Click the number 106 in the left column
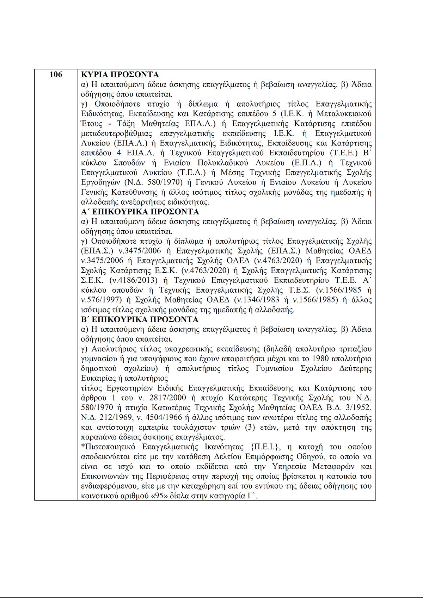[x=56, y=75]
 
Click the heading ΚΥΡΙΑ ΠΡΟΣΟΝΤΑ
[x=120, y=75]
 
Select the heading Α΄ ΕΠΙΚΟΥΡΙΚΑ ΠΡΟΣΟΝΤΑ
[x=140, y=212]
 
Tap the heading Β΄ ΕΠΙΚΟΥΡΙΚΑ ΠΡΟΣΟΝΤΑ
[x=140, y=320]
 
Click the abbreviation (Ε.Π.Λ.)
[x=307, y=163]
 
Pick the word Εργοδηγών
[x=100, y=182]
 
